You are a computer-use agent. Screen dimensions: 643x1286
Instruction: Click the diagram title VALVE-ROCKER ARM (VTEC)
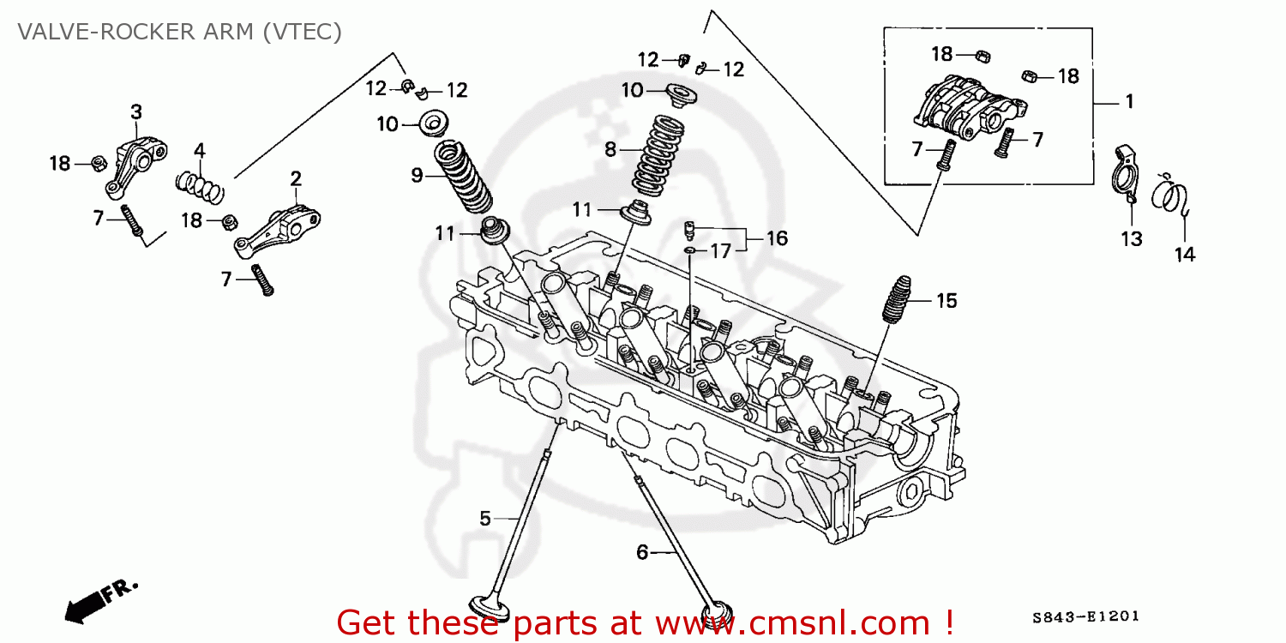click(x=180, y=33)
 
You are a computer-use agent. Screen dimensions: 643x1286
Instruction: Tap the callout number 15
click(x=946, y=301)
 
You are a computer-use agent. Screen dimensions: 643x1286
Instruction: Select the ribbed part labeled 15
click(x=898, y=301)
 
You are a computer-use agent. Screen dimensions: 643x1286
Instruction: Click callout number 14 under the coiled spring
click(x=1185, y=254)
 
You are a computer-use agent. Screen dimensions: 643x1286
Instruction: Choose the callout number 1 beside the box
click(x=1129, y=102)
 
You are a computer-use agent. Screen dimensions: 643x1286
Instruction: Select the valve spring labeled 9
click(x=464, y=178)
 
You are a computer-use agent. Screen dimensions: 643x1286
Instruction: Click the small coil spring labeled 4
click(x=200, y=183)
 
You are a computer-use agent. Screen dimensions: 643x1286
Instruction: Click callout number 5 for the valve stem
click(x=484, y=518)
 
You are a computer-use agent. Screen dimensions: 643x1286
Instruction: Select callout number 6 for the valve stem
click(x=642, y=553)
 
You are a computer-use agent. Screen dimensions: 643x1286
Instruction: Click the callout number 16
click(x=776, y=238)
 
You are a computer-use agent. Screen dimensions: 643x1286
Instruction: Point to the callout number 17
click(x=721, y=251)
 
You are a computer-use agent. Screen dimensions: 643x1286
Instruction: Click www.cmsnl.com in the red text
click(x=802, y=621)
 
